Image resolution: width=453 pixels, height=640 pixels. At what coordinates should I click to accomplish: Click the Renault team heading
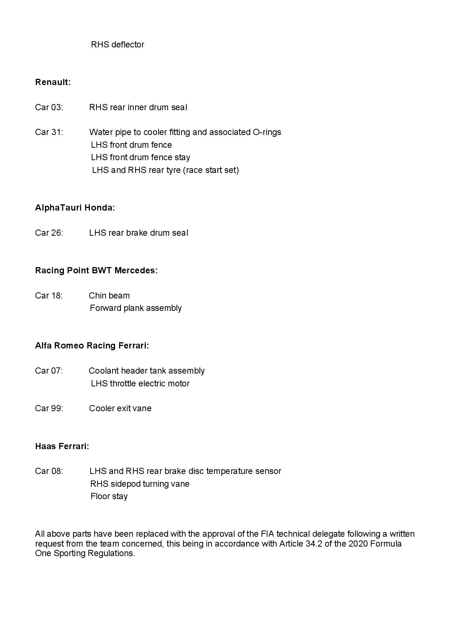(x=53, y=82)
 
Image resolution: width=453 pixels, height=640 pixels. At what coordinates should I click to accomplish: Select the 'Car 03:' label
(x=49, y=107)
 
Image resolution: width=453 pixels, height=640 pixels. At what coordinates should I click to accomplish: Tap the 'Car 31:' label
(x=49, y=132)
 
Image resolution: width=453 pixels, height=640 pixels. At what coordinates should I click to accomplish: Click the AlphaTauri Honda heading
(x=75, y=208)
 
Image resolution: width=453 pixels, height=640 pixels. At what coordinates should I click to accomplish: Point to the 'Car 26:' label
(x=49, y=233)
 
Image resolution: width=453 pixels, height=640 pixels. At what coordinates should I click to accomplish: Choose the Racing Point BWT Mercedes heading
(x=96, y=270)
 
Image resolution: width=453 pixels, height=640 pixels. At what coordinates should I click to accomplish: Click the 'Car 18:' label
(x=49, y=296)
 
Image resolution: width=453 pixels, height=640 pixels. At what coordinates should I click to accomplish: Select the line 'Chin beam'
(x=109, y=296)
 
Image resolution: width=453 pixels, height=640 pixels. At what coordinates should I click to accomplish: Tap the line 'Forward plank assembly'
(x=136, y=308)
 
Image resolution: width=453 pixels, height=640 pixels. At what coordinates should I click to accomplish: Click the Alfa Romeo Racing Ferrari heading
(x=92, y=346)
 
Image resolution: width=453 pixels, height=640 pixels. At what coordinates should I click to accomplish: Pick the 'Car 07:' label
(x=49, y=371)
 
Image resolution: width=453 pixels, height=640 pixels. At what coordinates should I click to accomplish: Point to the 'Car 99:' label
(x=49, y=408)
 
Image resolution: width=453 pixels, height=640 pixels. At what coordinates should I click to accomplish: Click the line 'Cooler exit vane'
(x=120, y=408)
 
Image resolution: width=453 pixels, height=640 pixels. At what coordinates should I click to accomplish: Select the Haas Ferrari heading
(x=62, y=446)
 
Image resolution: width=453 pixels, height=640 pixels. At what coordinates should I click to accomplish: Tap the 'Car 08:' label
(x=49, y=471)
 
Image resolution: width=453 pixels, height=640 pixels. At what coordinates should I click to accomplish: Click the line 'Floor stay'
(x=109, y=496)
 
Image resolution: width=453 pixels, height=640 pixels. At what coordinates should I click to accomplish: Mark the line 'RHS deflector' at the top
(x=118, y=45)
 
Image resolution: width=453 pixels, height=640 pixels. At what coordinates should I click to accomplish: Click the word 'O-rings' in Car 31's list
(x=267, y=132)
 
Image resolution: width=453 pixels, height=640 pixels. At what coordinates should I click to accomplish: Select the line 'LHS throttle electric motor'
(x=140, y=383)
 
